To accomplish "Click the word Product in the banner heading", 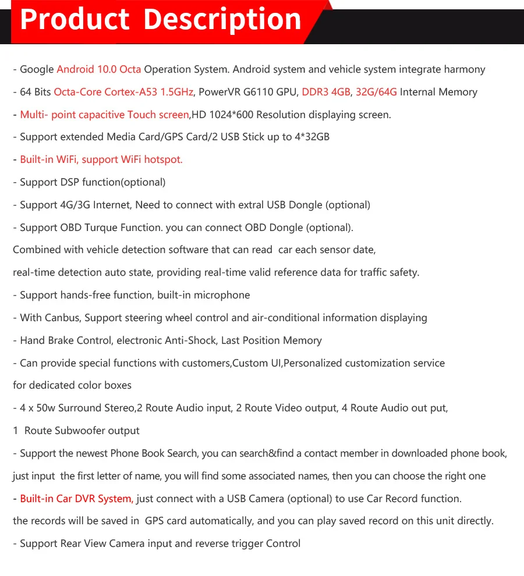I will (75, 19).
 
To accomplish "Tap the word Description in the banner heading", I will (223, 19).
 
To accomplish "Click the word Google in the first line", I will (37, 69).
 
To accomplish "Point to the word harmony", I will (465, 69).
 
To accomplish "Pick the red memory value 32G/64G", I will (376, 92).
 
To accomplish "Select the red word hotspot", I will (164, 159).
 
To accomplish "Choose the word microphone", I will (222, 295).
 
